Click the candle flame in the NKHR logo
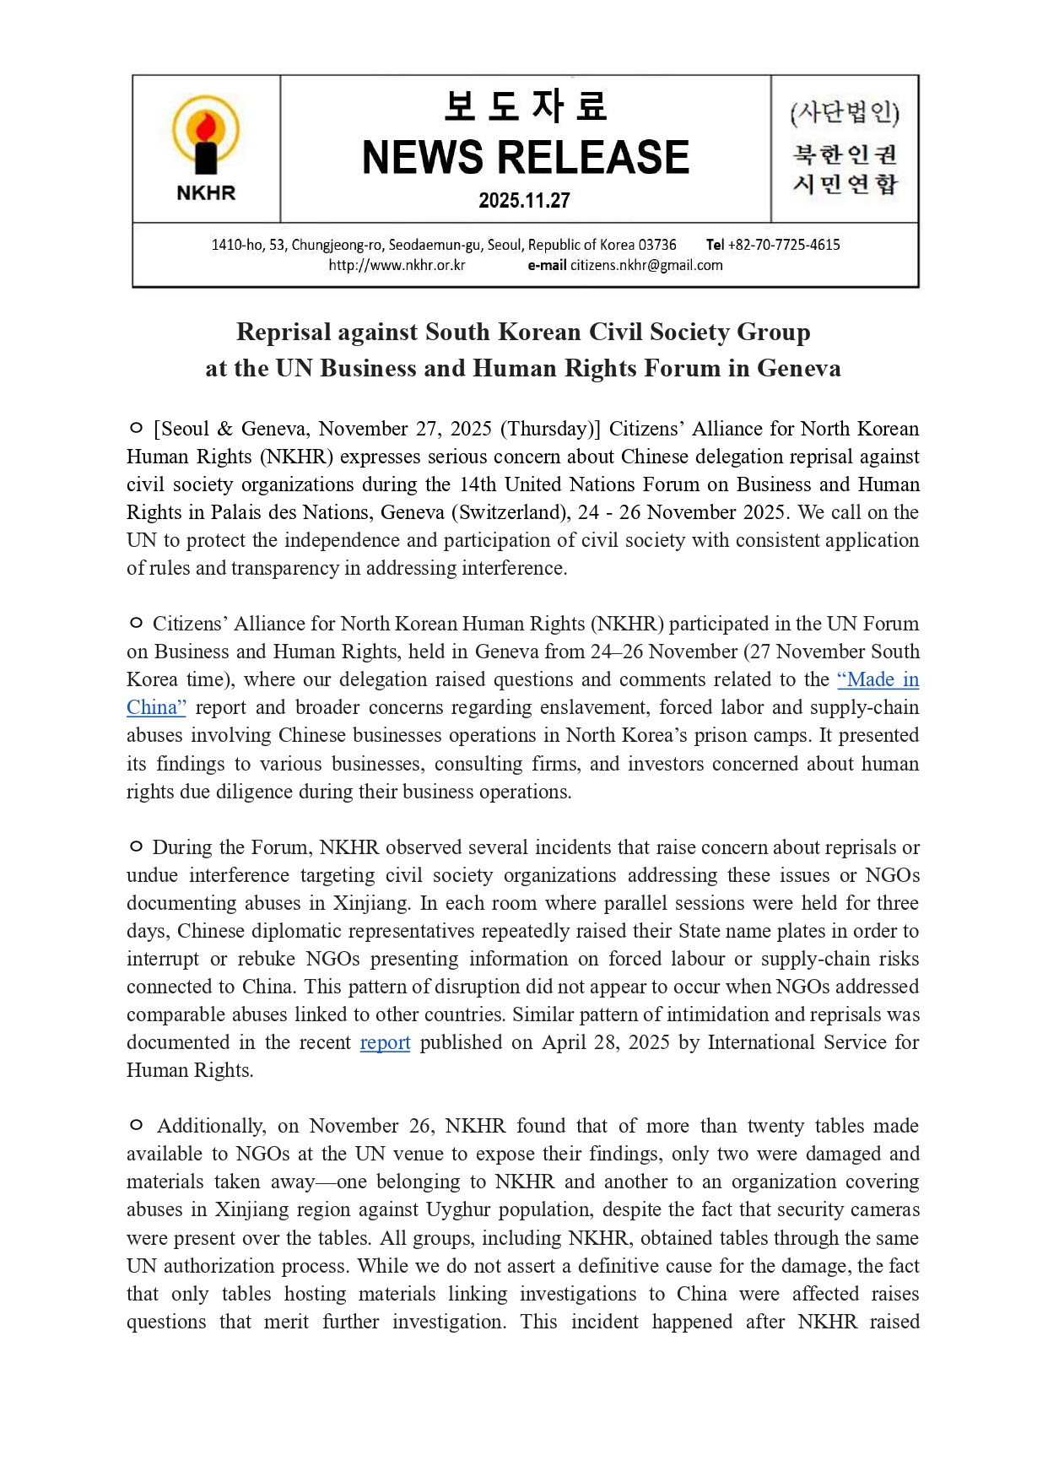click(205, 128)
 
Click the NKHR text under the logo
click(206, 193)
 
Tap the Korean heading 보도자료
click(525, 106)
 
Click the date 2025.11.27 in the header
click(524, 201)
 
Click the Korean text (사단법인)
click(845, 113)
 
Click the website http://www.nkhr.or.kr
click(397, 265)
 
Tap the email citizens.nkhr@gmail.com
click(646, 265)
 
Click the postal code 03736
click(657, 245)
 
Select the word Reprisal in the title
click(284, 332)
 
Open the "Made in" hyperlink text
click(878, 679)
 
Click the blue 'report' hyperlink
click(385, 1042)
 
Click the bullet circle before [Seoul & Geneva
click(136, 429)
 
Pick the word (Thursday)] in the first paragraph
click(550, 429)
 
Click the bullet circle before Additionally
click(136, 1126)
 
